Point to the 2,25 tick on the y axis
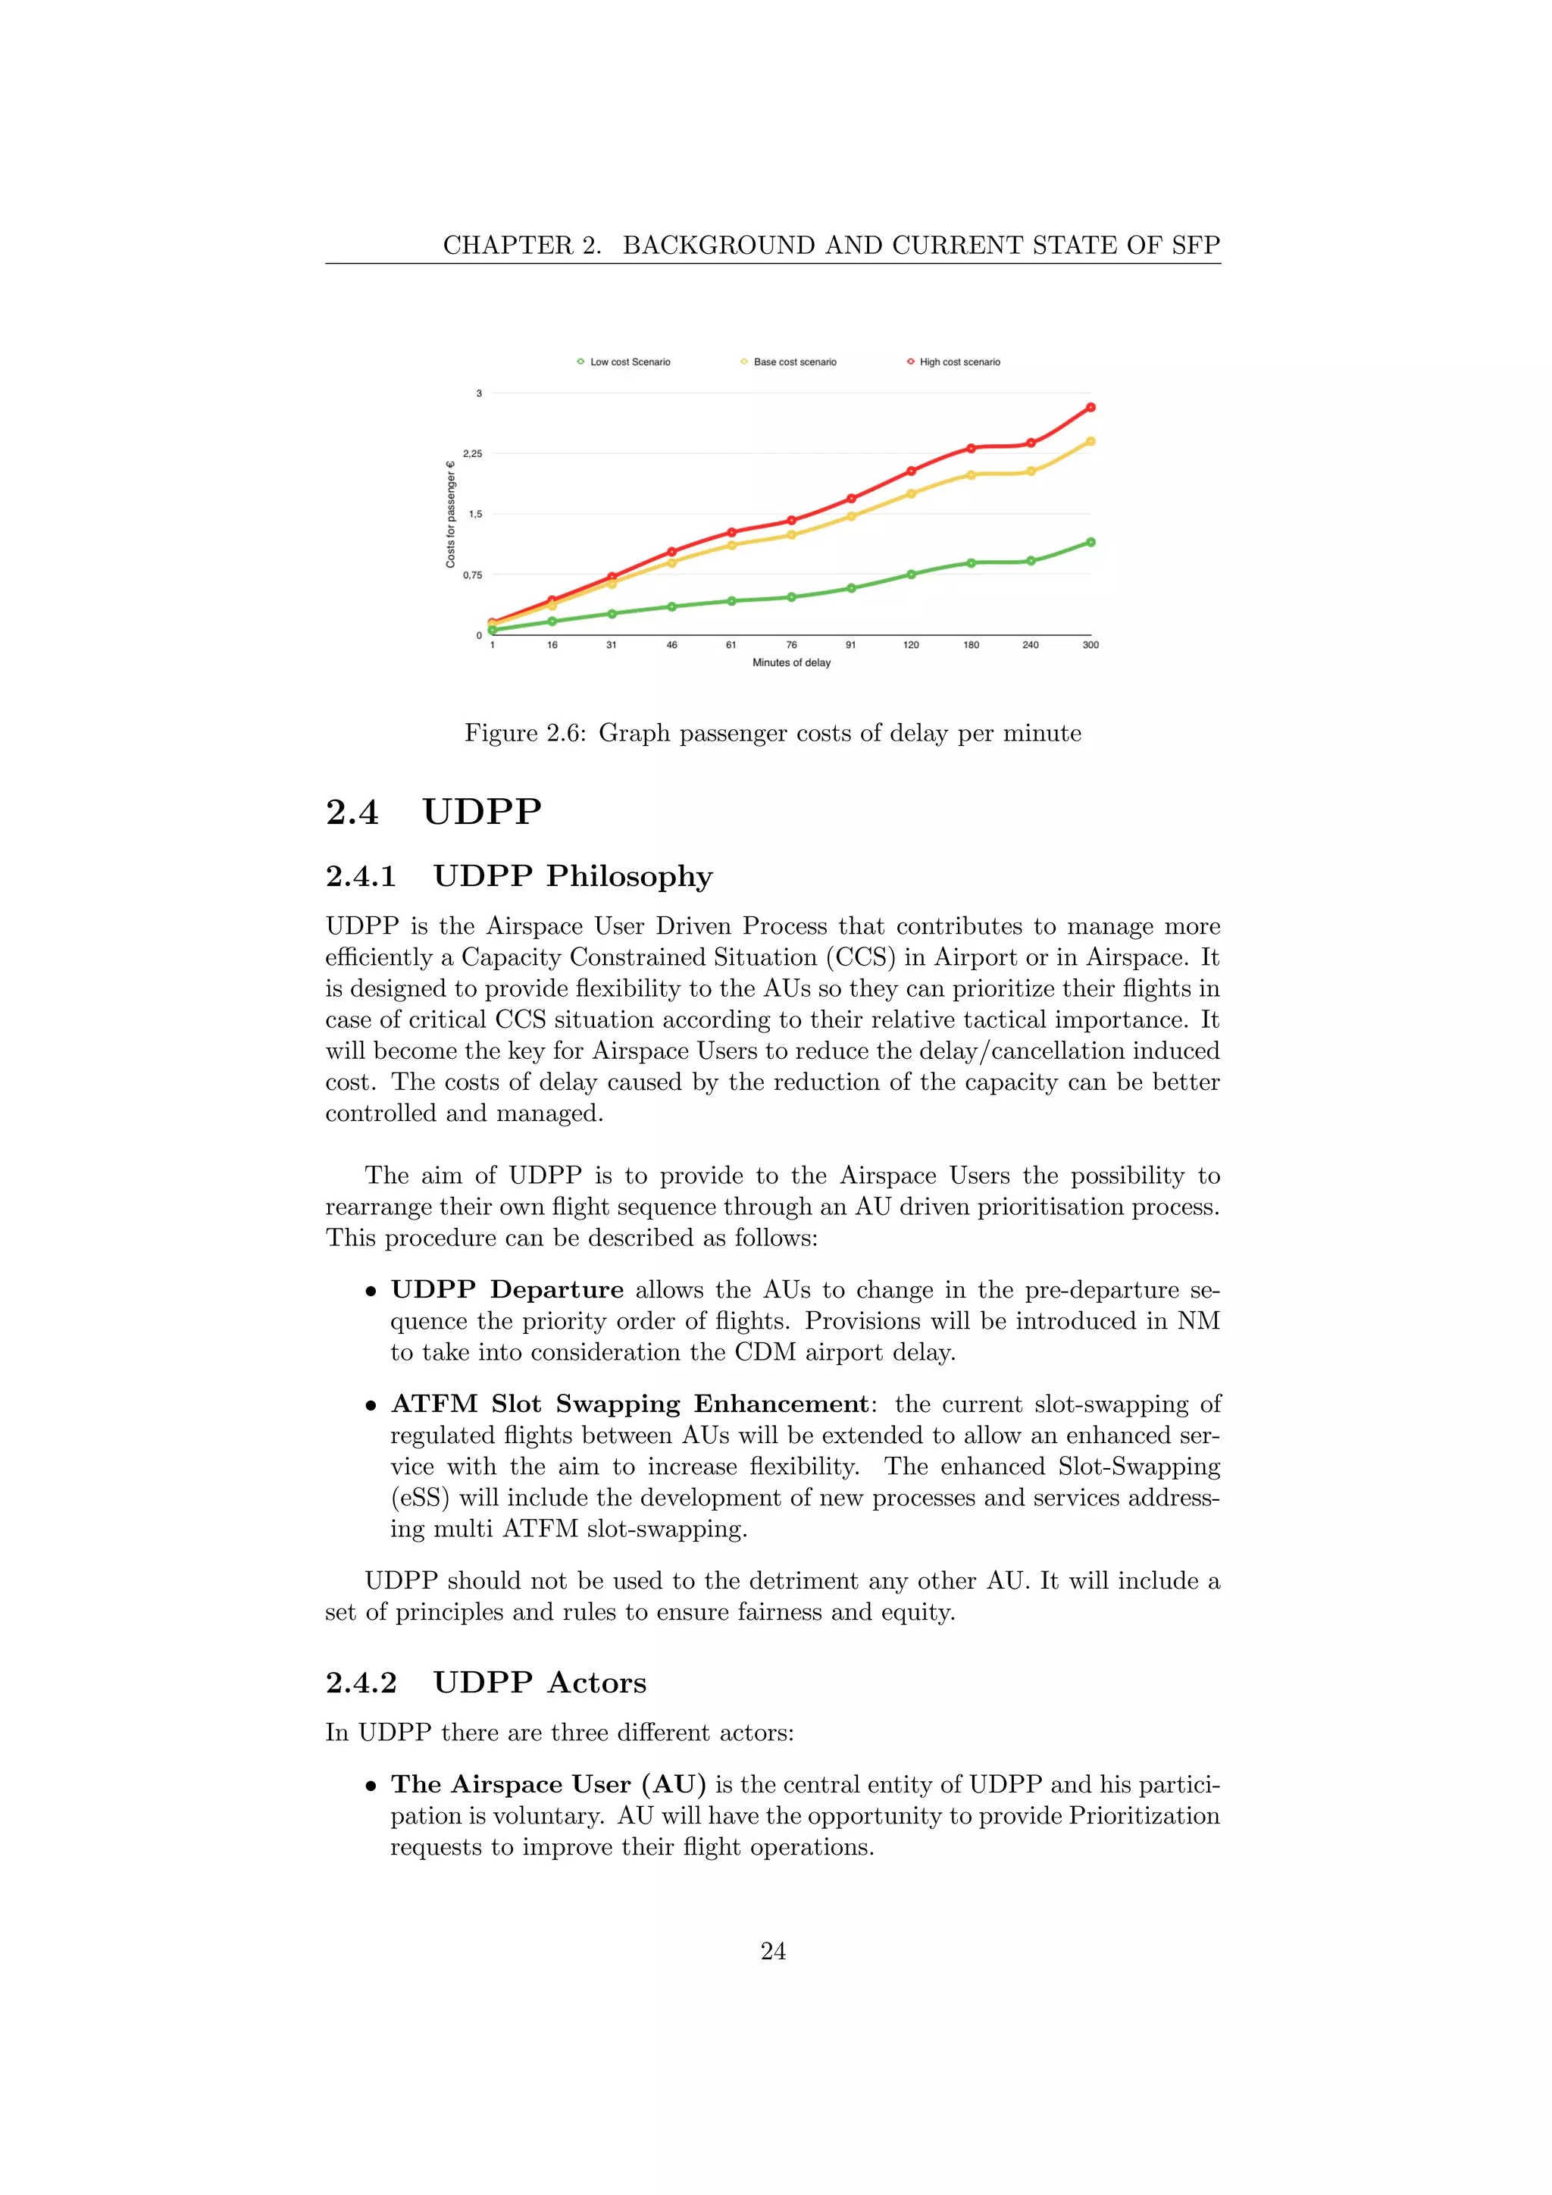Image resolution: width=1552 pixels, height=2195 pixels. (x=472, y=453)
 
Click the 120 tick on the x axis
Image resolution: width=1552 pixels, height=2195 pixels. (x=911, y=645)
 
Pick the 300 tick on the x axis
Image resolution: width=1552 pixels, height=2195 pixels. (x=1090, y=645)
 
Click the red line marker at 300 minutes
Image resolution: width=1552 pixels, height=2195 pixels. (x=1090, y=407)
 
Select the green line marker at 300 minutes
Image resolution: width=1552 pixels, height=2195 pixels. (x=1090, y=542)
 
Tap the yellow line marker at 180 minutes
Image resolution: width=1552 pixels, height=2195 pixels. (x=971, y=475)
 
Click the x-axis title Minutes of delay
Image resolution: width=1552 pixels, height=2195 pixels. (x=791, y=662)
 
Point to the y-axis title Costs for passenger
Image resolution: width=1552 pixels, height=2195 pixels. (x=450, y=515)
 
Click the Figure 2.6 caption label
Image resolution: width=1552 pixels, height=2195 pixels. (x=524, y=733)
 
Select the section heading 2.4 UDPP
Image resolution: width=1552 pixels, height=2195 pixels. (x=434, y=812)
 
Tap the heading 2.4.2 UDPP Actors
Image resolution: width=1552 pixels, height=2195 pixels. (x=486, y=1683)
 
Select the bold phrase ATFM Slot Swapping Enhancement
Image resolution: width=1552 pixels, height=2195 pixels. (x=630, y=1404)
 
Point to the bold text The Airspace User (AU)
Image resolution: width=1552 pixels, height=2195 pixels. (x=548, y=1785)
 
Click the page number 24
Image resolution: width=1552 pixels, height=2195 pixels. (x=773, y=1951)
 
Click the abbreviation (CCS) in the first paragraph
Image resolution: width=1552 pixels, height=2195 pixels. (x=864, y=957)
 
